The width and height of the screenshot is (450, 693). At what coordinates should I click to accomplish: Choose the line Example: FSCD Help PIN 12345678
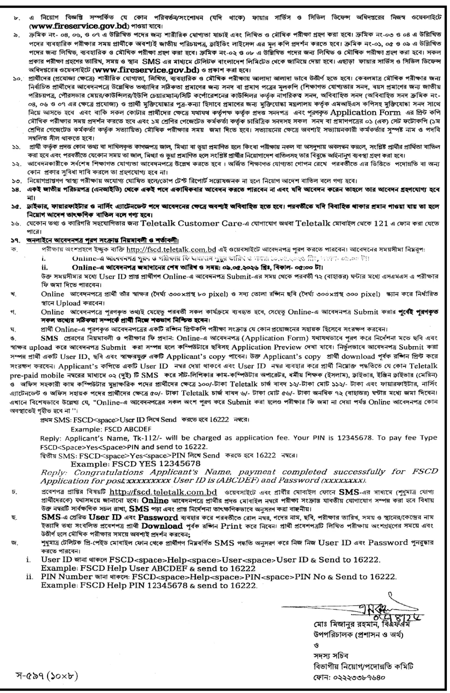(x=149, y=585)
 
